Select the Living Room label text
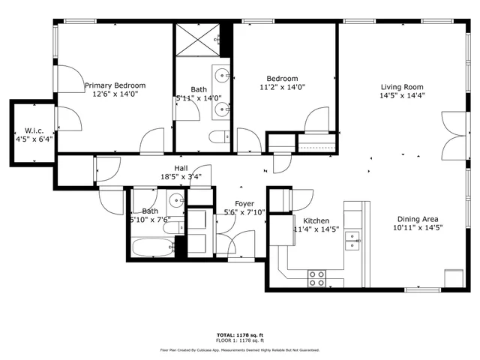coord(402,86)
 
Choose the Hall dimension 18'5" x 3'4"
coord(181,178)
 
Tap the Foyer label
coord(244,203)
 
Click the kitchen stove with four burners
coord(317,278)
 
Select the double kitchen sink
coord(352,241)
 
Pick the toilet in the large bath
coord(220,136)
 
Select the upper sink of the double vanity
coord(223,75)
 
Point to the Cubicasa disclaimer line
coord(239,349)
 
